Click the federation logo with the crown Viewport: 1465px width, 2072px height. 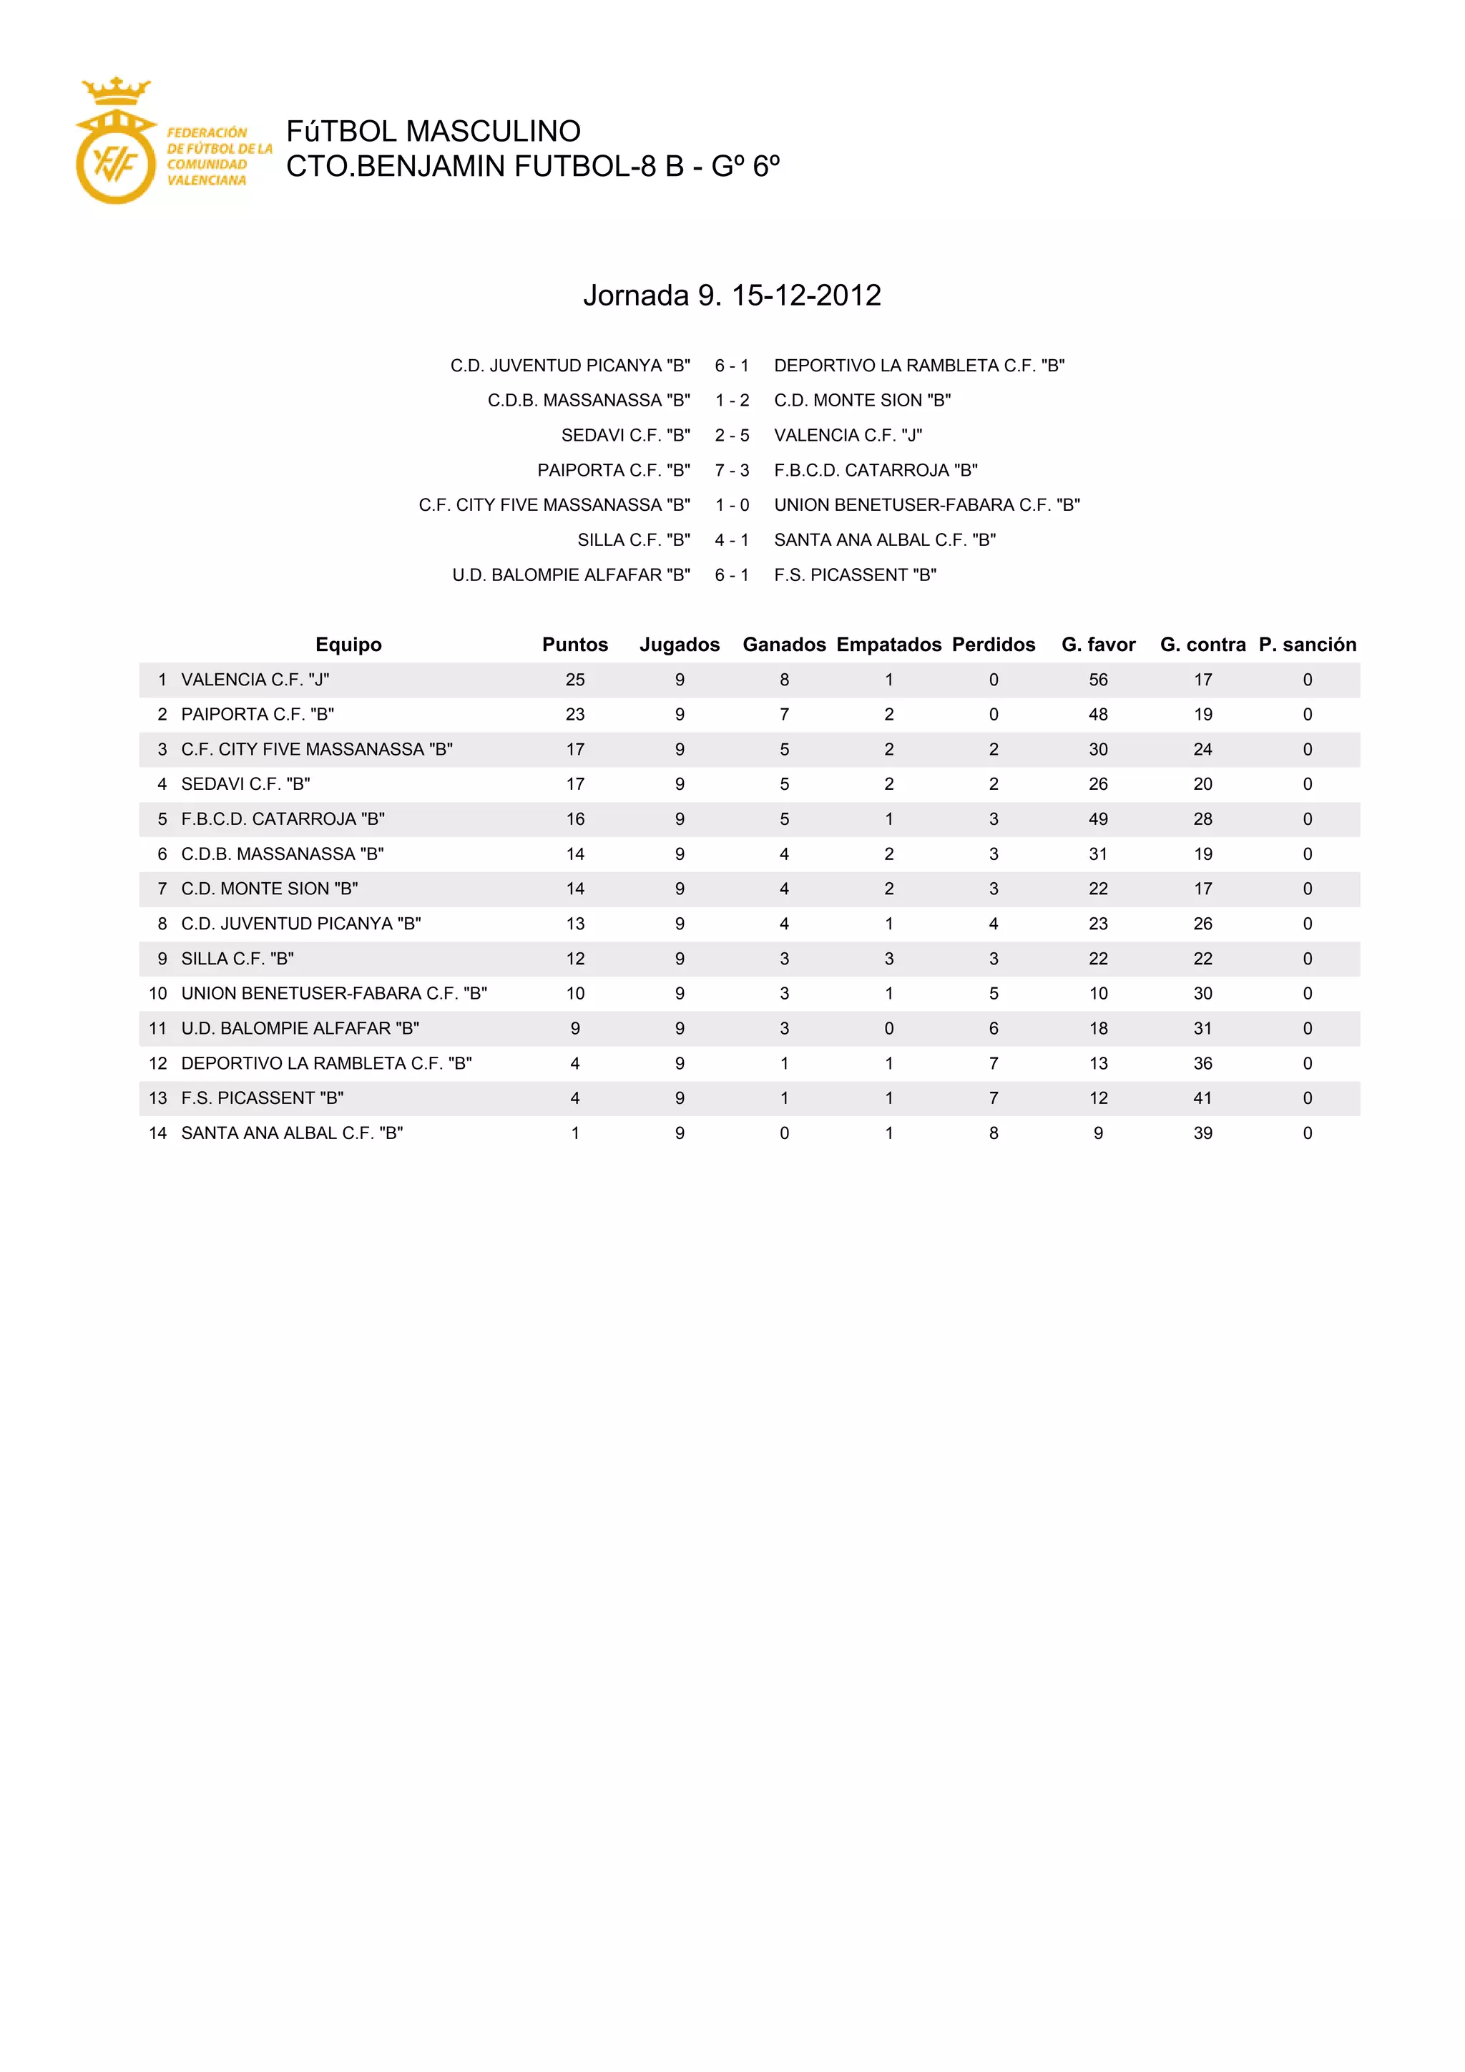coord(115,142)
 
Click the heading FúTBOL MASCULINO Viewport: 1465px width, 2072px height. coord(433,132)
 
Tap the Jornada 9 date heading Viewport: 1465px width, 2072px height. coord(732,295)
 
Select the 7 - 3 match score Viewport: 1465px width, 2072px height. coord(732,470)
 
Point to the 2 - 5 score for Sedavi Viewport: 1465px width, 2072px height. coord(732,435)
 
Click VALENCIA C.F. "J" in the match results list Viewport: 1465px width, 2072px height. coord(848,435)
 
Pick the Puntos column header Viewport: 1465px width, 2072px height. coord(574,645)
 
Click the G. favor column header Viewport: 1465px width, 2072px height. coord(1098,645)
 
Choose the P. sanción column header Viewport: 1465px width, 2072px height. coord(1307,645)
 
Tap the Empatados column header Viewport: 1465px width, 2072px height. coord(888,645)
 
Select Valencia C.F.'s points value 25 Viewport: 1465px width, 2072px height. coord(574,680)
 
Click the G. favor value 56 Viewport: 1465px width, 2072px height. coord(1098,680)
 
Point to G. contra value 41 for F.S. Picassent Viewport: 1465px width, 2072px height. coord(1202,1098)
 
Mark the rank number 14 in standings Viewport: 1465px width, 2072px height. coord(158,1133)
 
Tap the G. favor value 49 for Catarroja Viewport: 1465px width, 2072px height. coord(1098,819)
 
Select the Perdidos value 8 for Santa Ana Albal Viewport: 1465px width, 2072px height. coord(993,1133)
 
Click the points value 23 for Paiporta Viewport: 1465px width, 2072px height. coord(574,715)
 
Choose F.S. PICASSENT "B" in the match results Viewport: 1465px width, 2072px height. coord(856,575)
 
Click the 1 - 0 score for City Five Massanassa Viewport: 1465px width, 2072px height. coord(732,505)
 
